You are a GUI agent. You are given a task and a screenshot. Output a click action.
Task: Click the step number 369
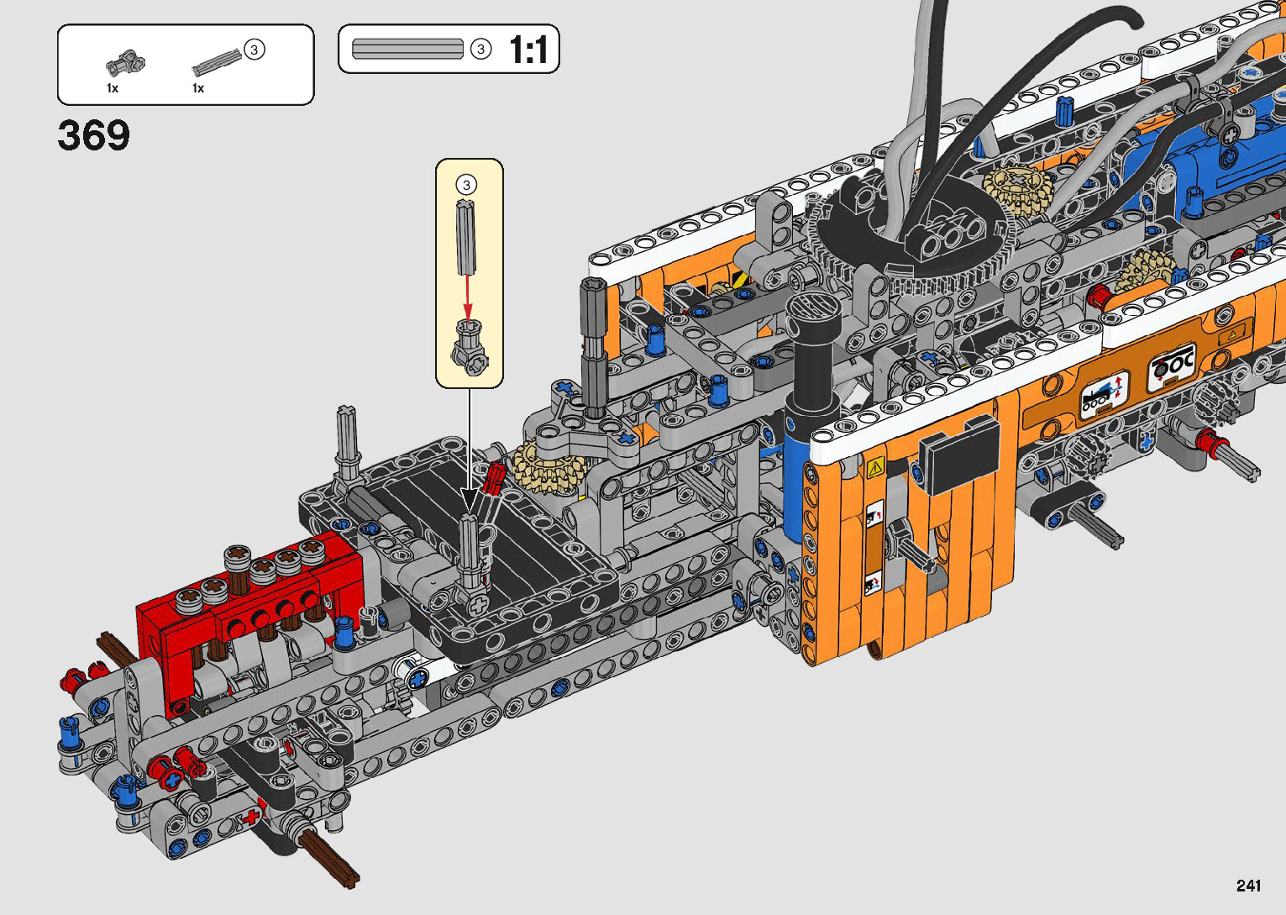tap(93, 135)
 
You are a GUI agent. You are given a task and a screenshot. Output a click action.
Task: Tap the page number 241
tap(1248, 885)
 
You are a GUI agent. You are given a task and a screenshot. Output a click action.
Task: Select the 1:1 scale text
tap(528, 50)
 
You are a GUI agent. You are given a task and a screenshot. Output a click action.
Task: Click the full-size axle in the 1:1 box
tap(407, 49)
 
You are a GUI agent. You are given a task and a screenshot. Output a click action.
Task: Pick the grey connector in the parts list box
tap(125, 63)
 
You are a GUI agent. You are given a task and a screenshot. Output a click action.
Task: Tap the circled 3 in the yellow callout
tap(466, 185)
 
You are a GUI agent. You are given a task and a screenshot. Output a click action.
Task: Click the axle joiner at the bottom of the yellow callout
tap(470, 348)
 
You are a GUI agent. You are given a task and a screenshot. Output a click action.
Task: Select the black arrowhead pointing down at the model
tap(470, 498)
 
